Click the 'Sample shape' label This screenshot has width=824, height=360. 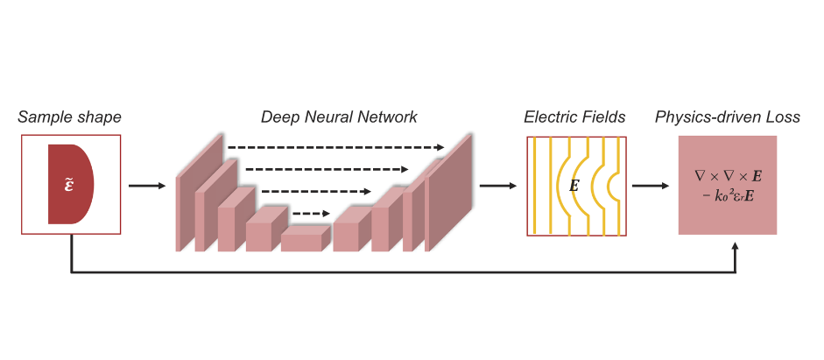click(x=69, y=117)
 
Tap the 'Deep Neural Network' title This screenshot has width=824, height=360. click(x=339, y=117)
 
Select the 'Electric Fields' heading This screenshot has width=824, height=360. click(x=574, y=117)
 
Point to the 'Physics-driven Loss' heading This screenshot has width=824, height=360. click(x=727, y=117)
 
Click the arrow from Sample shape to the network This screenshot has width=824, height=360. click(x=146, y=186)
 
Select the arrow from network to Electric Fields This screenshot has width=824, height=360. click(x=497, y=186)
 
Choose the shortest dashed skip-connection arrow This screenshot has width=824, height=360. click(x=311, y=212)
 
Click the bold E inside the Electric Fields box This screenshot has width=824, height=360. click(x=574, y=186)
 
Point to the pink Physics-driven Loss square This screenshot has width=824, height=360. click(x=728, y=186)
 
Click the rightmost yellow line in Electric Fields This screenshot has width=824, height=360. click(x=619, y=186)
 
